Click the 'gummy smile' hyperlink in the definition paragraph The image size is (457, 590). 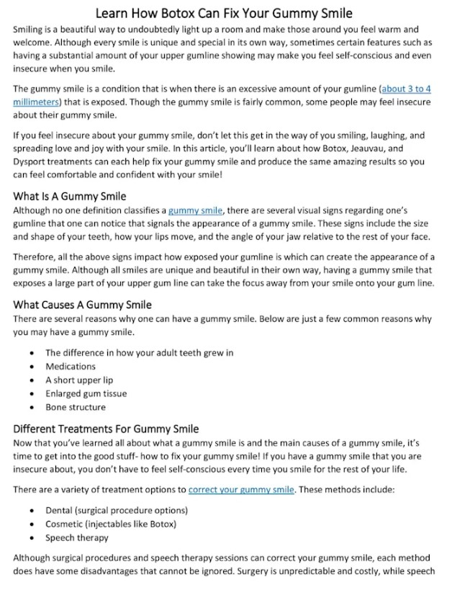coord(196,210)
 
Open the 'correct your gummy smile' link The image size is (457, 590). coord(241,490)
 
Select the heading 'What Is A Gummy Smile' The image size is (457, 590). coord(70,196)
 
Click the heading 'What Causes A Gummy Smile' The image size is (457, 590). coord(83,305)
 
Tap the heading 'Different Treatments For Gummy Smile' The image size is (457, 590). coord(106,429)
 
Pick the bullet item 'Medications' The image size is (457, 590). coord(71,366)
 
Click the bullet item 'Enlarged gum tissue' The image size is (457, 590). coord(86,393)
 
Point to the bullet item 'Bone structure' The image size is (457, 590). coord(76,407)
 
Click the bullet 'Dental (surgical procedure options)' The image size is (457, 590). coord(116,510)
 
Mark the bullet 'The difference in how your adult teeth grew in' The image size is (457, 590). coord(139,352)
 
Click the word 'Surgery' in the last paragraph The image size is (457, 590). coord(266,572)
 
